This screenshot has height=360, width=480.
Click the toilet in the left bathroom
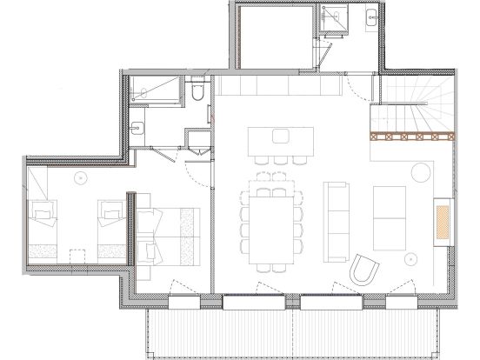point(197,91)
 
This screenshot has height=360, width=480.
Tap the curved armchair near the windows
point(365,271)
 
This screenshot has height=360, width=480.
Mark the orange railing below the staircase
point(412,135)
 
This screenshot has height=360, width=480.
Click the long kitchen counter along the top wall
point(278,88)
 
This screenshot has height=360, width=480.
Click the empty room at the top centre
point(274,35)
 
